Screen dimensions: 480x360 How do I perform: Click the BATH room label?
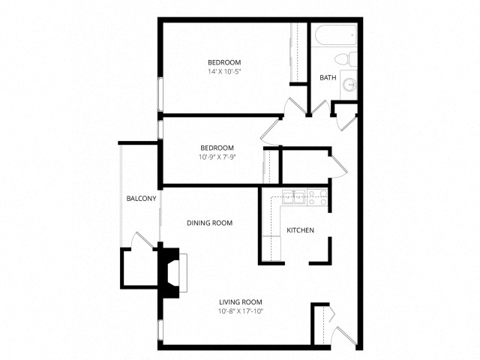click(x=328, y=78)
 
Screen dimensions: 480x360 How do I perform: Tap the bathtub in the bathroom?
click(x=336, y=35)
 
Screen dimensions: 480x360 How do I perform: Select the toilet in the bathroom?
click(x=346, y=58)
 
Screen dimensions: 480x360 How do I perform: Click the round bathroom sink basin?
click(x=349, y=84)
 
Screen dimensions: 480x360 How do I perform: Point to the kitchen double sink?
click(x=293, y=196)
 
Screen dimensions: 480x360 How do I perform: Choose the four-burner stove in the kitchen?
click(x=317, y=197)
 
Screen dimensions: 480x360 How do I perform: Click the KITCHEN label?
click(x=300, y=230)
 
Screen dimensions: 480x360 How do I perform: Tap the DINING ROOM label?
click(x=210, y=223)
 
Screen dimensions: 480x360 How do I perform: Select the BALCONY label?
click(x=142, y=199)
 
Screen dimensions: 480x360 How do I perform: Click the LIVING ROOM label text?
click(x=241, y=302)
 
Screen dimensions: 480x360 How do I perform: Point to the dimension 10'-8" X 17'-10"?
click(x=241, y=312)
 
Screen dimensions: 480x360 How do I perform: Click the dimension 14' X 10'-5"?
click(x=224, y=72)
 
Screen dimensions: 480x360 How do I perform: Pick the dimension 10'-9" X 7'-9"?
click(x=217, y=157)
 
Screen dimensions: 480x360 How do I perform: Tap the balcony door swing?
click(x=142, y=241)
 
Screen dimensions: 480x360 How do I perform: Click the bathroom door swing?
click(x=321, y=108)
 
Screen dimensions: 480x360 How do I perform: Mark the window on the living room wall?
click(x=160, y=330)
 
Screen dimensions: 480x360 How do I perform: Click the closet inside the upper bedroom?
click(x=298, y=52)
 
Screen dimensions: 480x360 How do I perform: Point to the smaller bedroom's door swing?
click(x=271, y=132)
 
